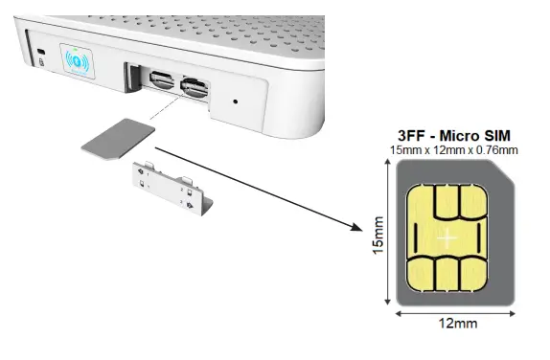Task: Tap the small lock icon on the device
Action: pyautogui.click(x=41, y=62)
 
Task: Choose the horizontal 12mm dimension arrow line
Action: pyautogui.click(x=455, y=312)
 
